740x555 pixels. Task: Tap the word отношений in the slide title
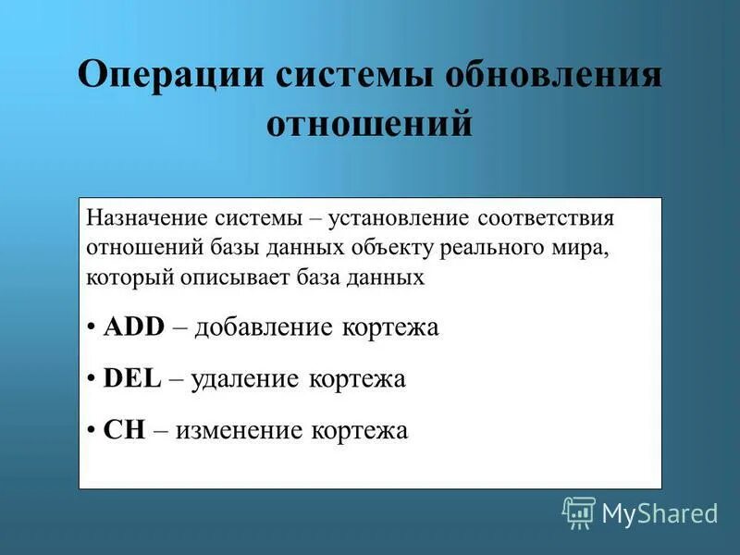(x=370, y=124)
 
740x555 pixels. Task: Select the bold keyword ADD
(x=133, y=327)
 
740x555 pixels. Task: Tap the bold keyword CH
(x=125, y=430)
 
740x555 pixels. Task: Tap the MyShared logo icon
(x=579, y=512)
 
